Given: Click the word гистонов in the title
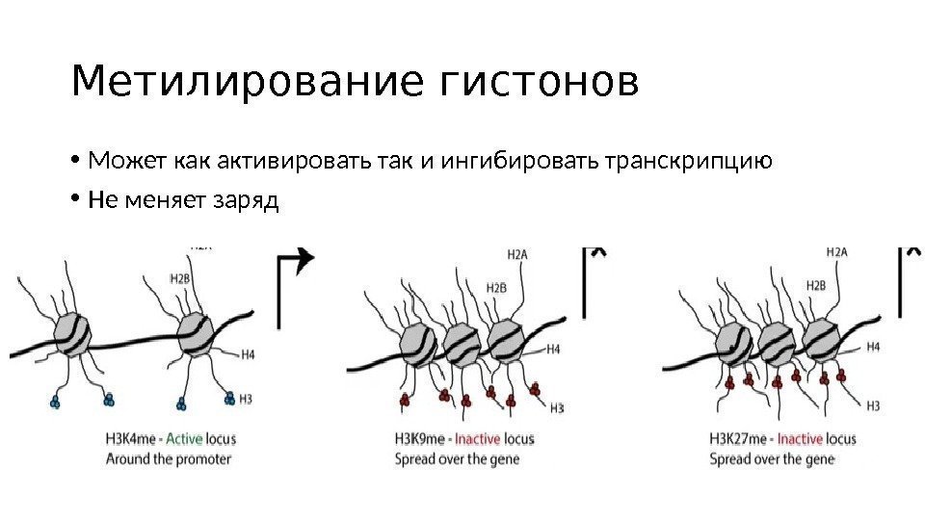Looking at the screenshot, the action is coord(539,84).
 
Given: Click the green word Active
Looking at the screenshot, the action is coord(184,438).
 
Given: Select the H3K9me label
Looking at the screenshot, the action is coord(420,439).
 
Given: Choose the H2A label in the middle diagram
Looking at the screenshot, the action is coord(516,254).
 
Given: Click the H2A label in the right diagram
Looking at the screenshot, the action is coord(836,252).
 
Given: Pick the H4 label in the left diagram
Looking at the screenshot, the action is coord(248,354).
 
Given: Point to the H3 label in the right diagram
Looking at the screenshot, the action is coord(873,405).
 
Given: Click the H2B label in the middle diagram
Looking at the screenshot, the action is coord(496,287).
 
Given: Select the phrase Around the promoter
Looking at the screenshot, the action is coord(169,459).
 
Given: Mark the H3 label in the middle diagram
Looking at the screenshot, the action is coord(556,408).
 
